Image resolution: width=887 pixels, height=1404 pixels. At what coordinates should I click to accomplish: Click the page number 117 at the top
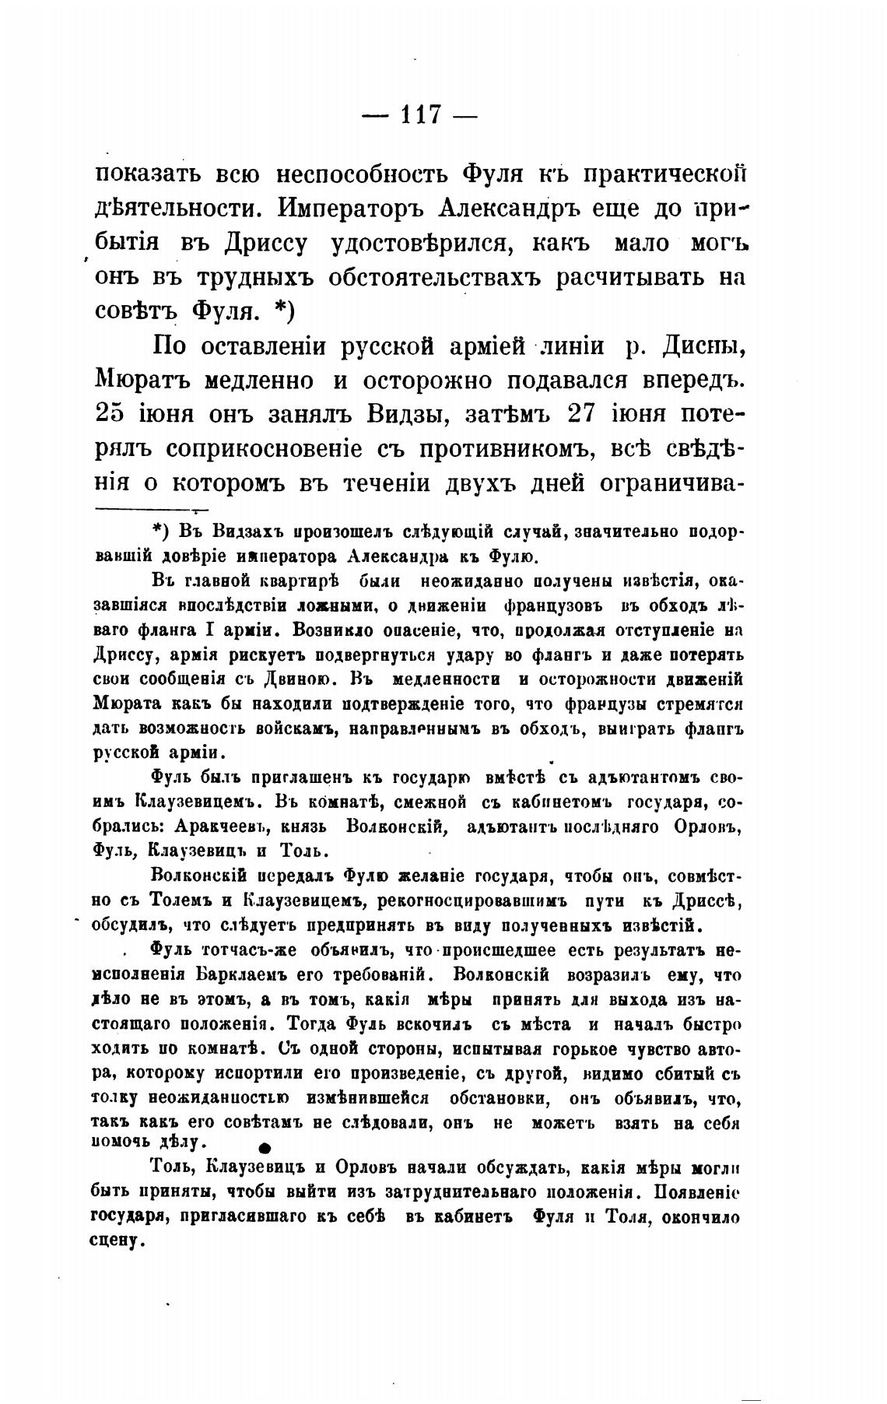pos(420,115)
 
